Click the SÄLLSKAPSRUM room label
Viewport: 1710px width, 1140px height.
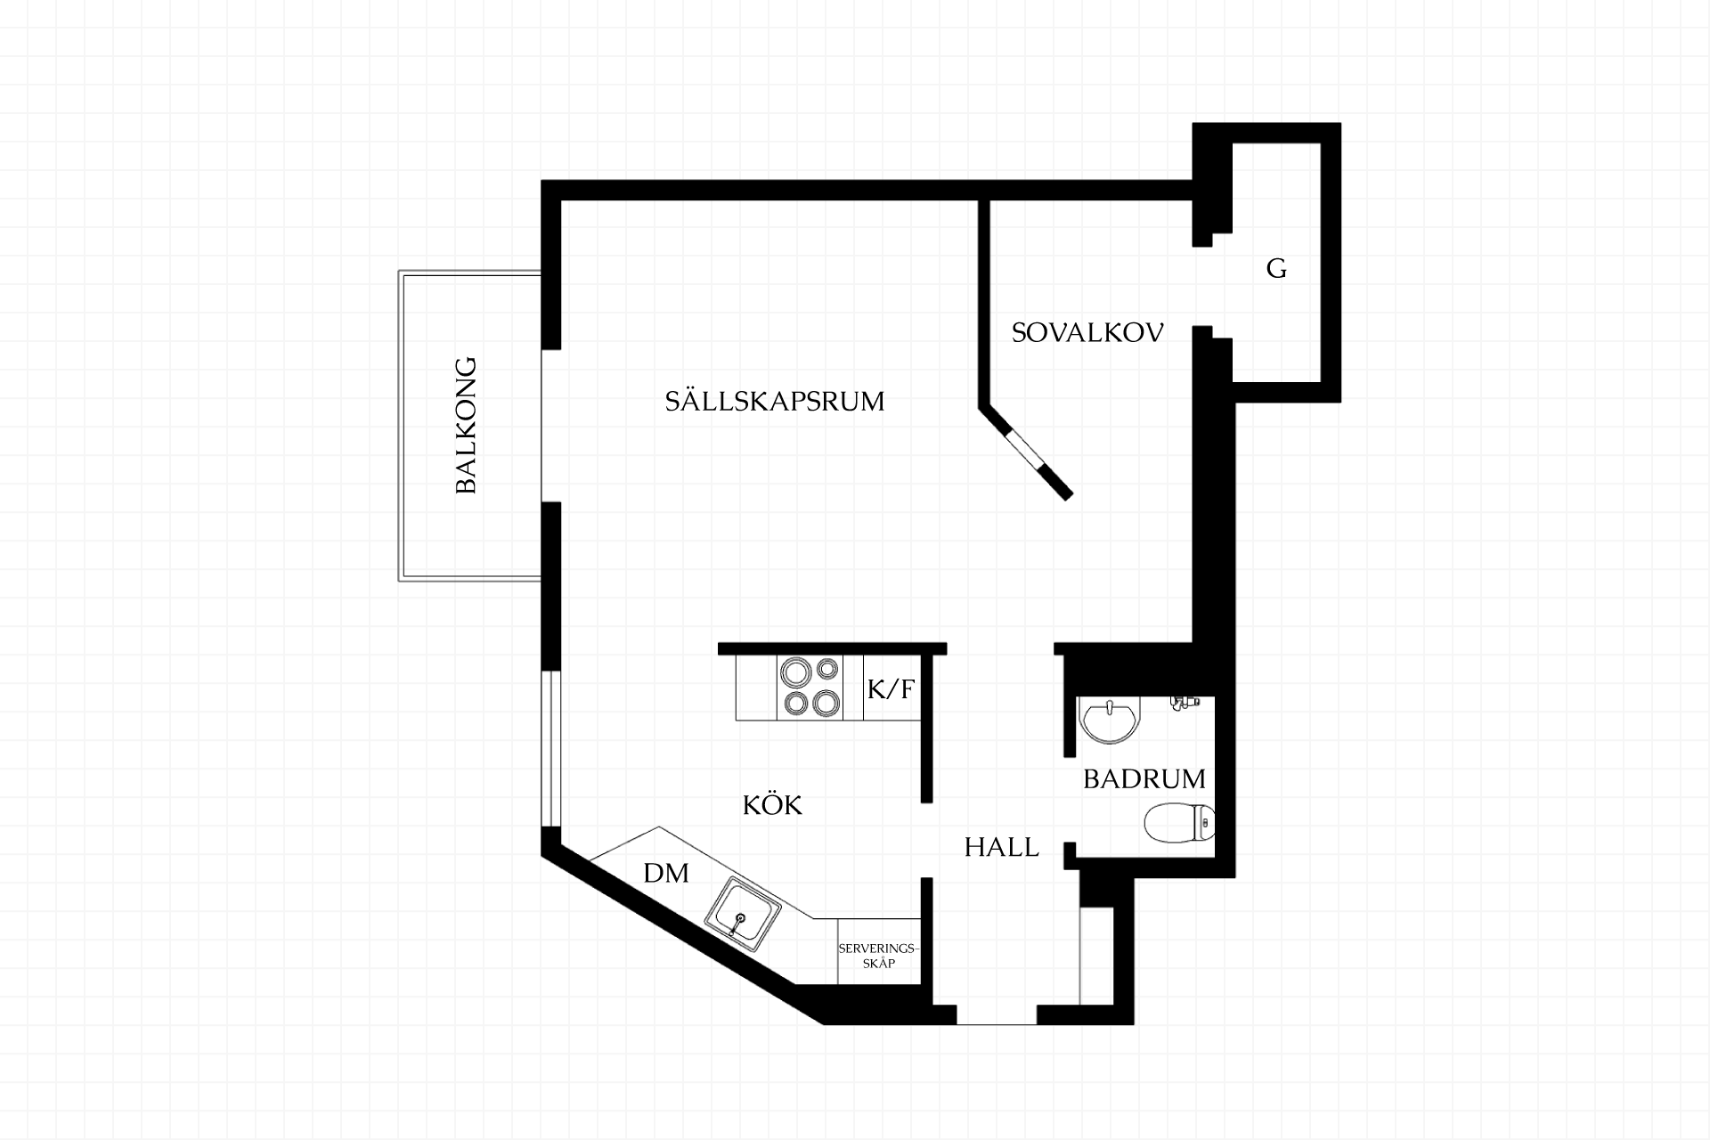(x=775, y=401)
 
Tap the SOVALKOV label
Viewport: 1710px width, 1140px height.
(x=1087, y=333)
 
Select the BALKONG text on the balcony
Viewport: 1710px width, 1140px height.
(x=467, y=426)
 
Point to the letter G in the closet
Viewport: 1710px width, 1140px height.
(x=1276, y=268)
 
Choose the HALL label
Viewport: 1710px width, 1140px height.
(x=1001, y=847)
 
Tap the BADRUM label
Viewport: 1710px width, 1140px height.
(x=1144, y=779)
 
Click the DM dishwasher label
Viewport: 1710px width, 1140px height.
(x=666, y=873)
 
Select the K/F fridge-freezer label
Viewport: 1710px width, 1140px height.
(x=891, y=688)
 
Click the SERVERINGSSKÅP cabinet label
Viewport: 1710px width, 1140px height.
(x=878, y=956)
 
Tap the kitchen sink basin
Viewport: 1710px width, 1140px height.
(x=743, y=914)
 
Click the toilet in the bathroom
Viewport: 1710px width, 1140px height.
(x=1178, y=823)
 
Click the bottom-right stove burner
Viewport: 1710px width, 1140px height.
(x=826, y=704)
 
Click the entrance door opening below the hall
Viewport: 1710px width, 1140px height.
(x=997, y=1014)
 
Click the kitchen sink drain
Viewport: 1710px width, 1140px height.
(x=739, y=917)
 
